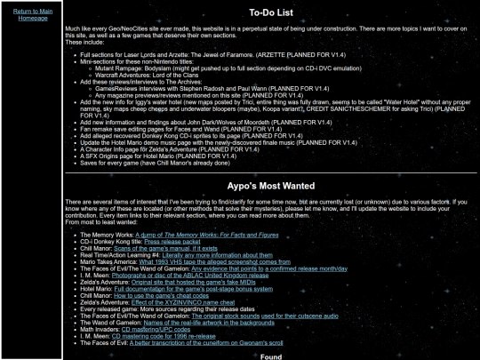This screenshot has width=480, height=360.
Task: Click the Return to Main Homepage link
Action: tap(32, 14)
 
